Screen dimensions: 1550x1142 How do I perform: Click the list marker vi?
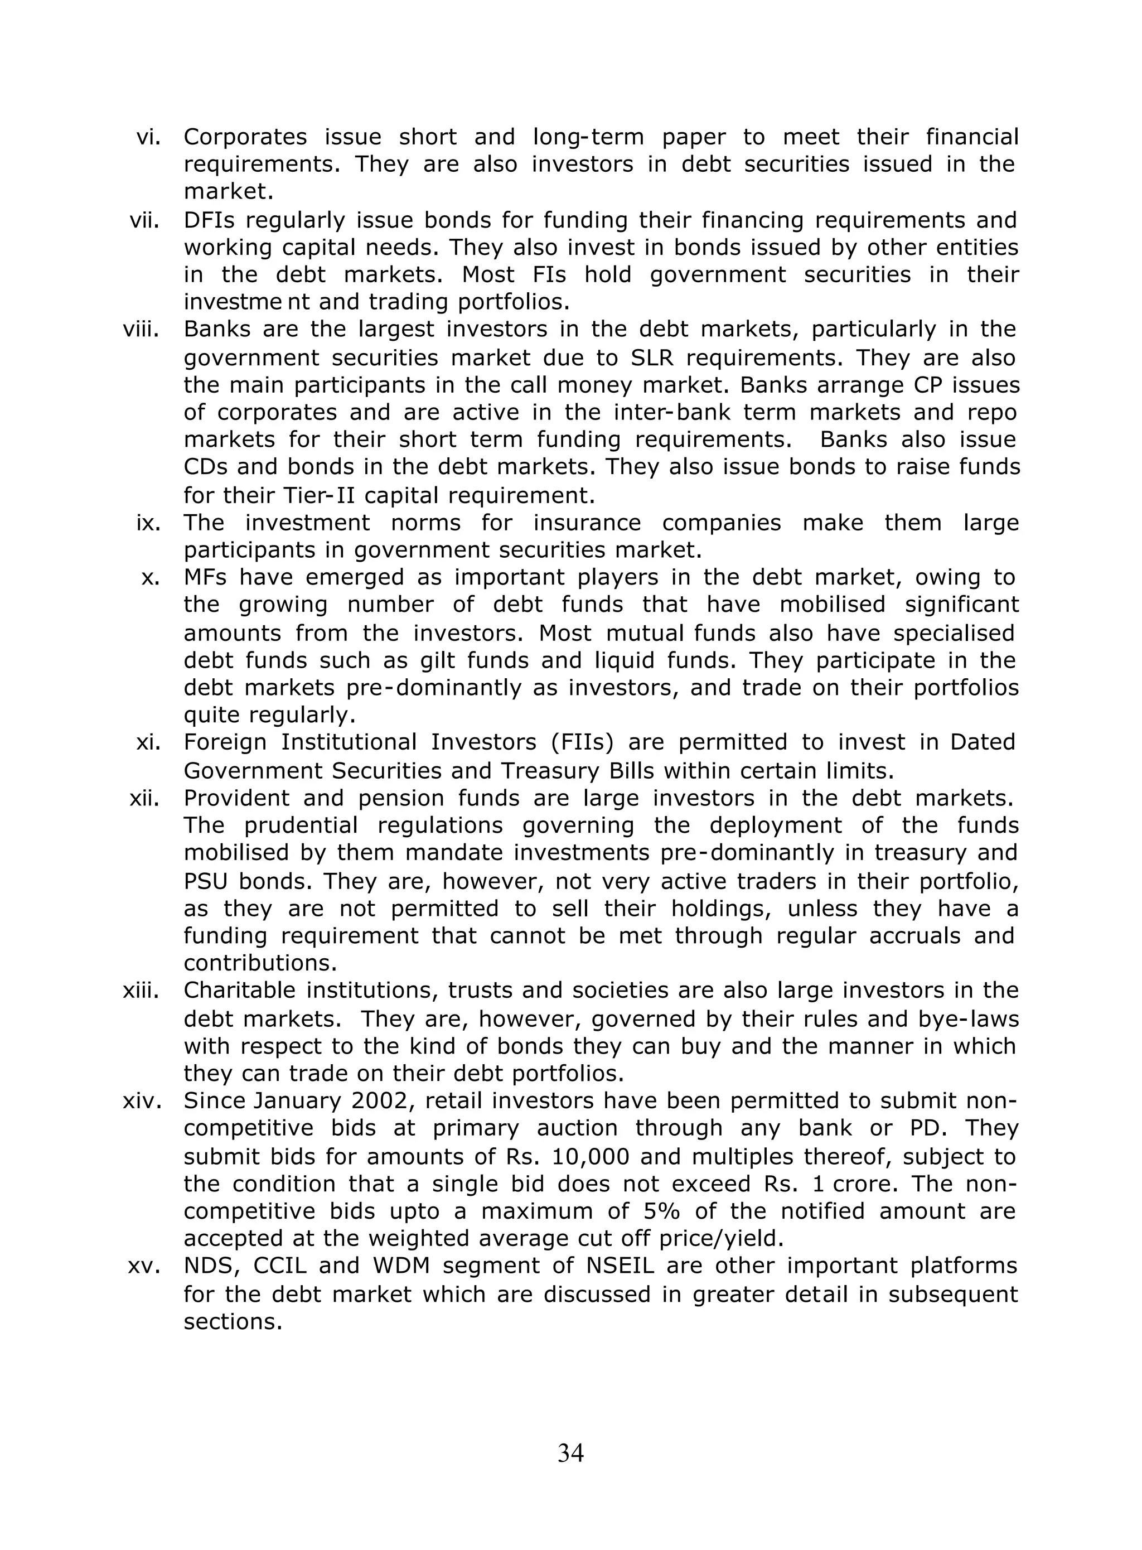click(x=148, y=137)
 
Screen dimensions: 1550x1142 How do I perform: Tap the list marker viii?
click(x=141, y=329)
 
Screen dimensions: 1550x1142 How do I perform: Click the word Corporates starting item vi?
click(x=245, y=137)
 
